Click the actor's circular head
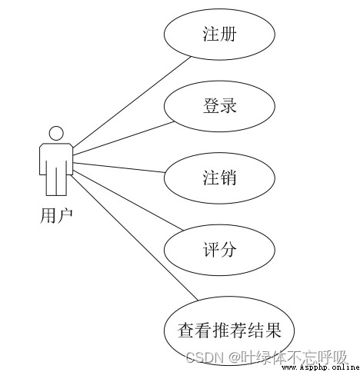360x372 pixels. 56,127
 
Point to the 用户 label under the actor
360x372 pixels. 56,215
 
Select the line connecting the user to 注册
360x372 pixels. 132,102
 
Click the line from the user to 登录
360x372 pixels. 124,138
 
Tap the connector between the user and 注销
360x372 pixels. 118,168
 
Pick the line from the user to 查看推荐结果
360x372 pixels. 135,237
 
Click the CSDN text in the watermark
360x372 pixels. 205,357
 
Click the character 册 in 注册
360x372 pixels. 228,34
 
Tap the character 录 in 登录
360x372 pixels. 228,105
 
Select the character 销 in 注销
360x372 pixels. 228,178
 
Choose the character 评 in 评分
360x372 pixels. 211,249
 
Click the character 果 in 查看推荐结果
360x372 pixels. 273,330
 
